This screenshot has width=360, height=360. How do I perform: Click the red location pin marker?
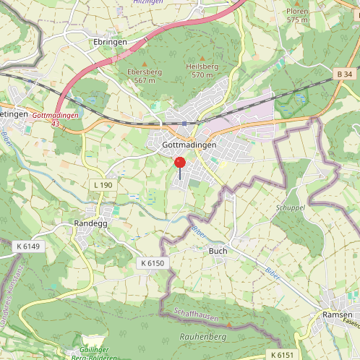(180, 164)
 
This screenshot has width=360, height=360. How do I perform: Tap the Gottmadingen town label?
(186, 145)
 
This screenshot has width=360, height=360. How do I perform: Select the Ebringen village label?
(111, 42)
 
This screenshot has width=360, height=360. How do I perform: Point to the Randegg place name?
(90, 223)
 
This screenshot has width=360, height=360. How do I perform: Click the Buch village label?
(218, 251)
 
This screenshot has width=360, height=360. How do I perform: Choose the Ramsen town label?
(338, 315)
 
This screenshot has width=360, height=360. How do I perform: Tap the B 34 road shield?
(345, 74)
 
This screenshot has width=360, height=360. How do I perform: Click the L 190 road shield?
(103, 186)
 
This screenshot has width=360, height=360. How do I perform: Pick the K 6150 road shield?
(153, 263)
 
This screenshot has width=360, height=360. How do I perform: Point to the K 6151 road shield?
(283, 354)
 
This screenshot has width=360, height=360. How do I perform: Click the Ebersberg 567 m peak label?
(141, 76)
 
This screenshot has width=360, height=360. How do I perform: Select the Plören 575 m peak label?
(297, 15)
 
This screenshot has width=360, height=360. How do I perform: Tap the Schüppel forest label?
(291, 207)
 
